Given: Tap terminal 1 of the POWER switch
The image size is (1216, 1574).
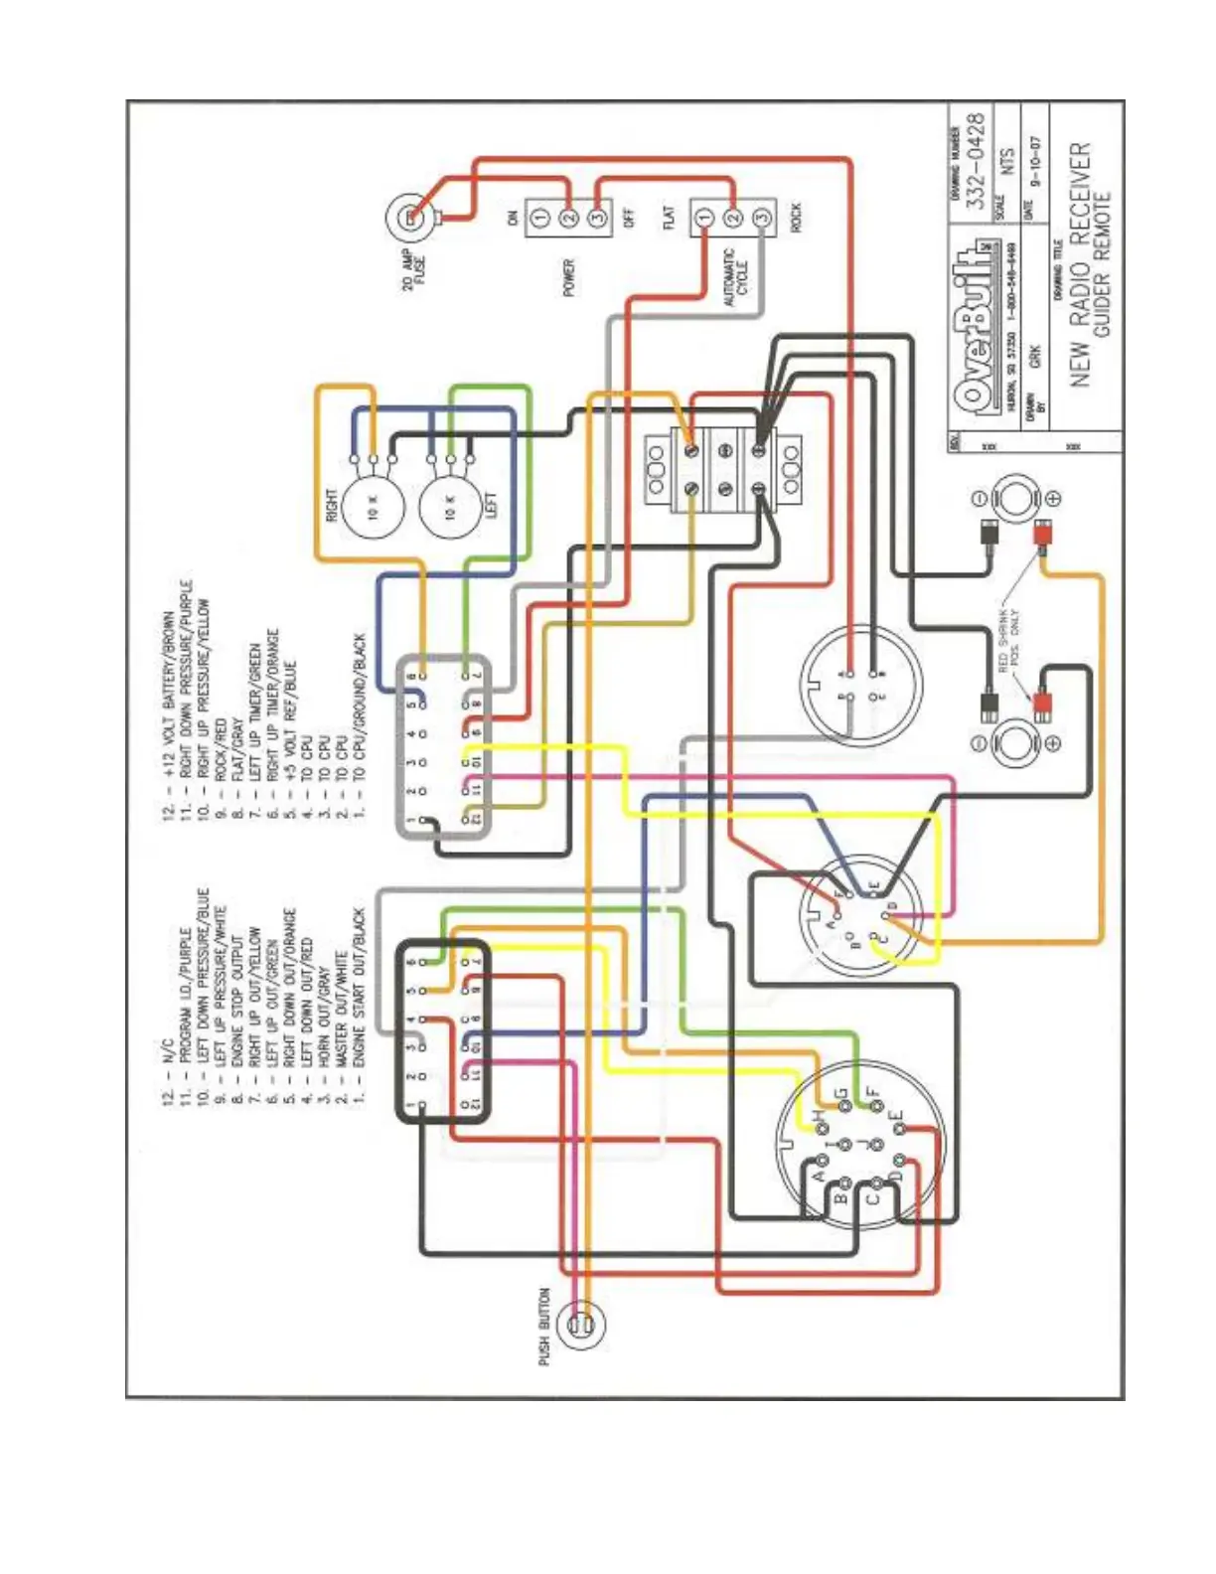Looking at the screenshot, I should (539, 218).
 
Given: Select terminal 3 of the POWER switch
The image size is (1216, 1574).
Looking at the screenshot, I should (598, 218).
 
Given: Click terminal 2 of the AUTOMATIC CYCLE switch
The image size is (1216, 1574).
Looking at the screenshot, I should (732, 218).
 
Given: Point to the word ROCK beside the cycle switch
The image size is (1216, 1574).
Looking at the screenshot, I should (794, 218).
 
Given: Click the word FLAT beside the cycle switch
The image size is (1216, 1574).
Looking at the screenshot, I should (670, 218).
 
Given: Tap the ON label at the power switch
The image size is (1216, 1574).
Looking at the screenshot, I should (513, 218).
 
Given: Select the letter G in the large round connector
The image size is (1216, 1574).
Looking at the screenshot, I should (841, 1097).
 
